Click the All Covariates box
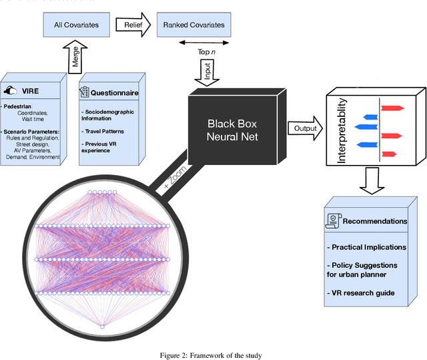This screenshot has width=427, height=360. (76, 25)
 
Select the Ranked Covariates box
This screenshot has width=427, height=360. (194, 25)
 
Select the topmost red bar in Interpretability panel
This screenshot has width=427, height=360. (392, 107)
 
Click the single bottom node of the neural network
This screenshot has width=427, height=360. (102, 326)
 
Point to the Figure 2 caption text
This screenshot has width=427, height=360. (213, 354)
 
